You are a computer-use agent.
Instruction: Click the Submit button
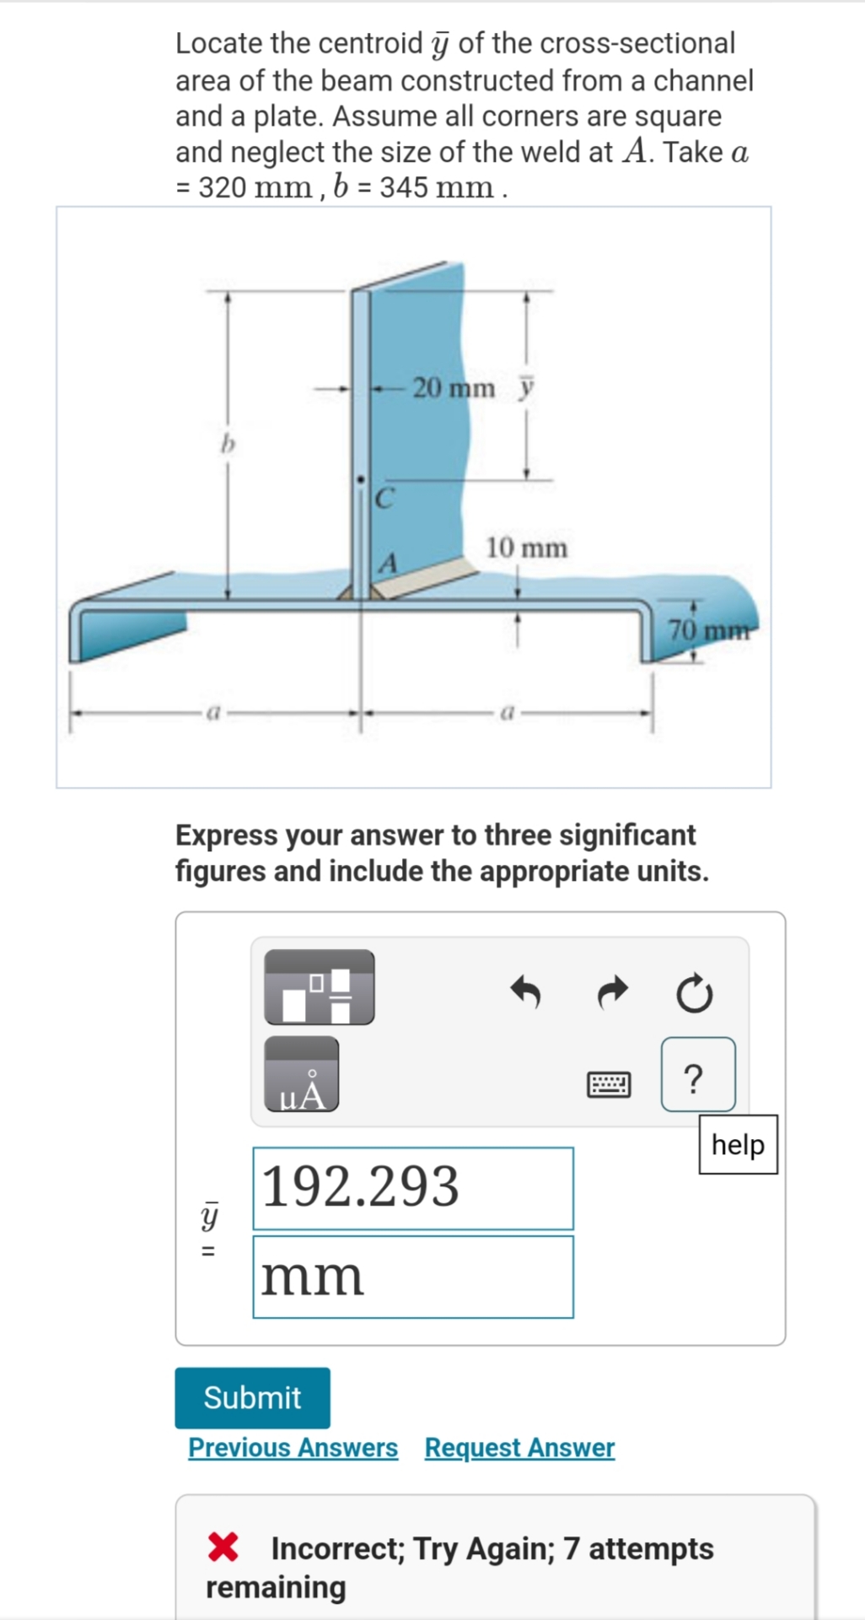(x=252, y=1398)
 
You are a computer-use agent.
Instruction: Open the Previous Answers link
(x=293, y=1448)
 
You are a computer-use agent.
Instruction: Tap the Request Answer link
(x=519, y=1448)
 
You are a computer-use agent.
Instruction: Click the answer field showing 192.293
(x=413, y=1188)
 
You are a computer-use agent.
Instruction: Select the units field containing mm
(x=413, y=1277)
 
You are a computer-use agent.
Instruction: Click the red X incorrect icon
(x=223, y=1547)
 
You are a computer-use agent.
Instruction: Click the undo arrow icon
(x=526, y=992)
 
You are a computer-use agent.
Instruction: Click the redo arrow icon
(x=613, y=992)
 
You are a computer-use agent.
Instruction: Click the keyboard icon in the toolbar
(x=608, y=1083)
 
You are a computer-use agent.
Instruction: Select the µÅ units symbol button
(x=302, y=1074)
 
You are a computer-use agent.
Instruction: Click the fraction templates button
(x=320, y=987)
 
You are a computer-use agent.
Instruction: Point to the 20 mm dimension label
(x=454, y=388)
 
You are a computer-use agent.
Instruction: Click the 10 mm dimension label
(x=526, y=548)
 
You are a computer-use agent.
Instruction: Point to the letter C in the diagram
(x=384, y=499)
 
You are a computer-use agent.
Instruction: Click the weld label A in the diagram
(x=388, y=563)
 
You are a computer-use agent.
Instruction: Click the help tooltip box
(x=738, y=1145)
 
